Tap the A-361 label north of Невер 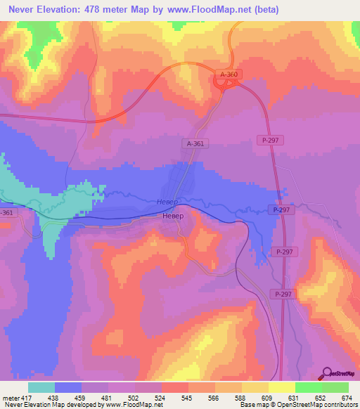tap(196, 143)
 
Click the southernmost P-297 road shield tap(283, 294)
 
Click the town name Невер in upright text tap(172, 216)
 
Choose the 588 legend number tap(238, 397)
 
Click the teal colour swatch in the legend tap(41, 387)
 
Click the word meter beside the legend tap(8, 397)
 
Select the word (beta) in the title tap(265, 10)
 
